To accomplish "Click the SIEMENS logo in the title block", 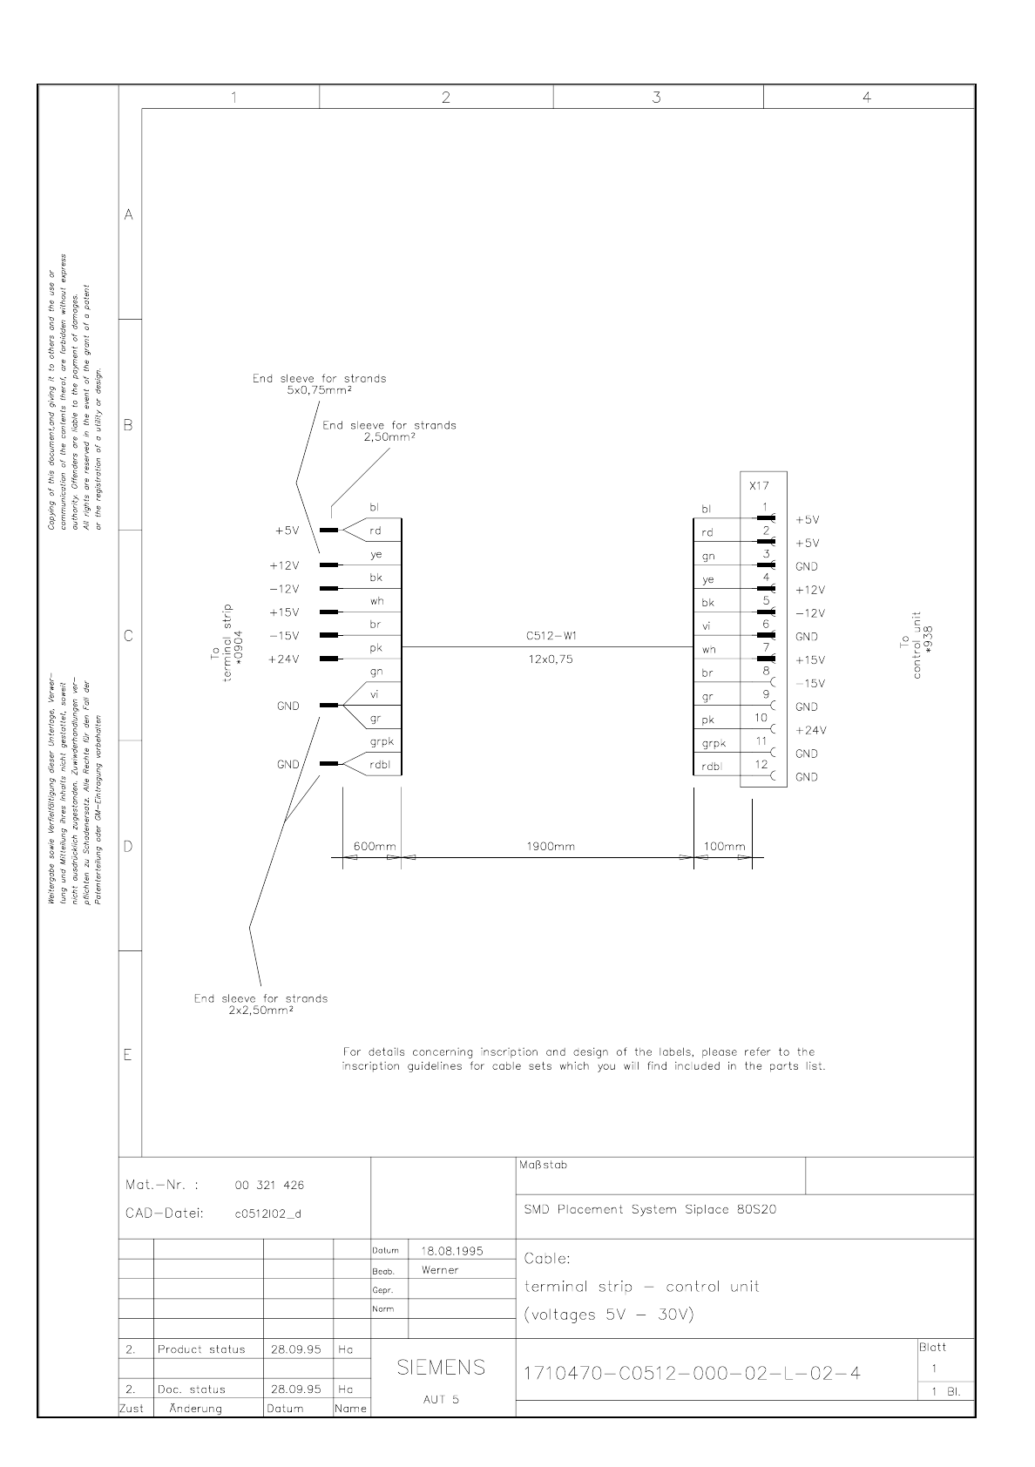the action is (441, 1368).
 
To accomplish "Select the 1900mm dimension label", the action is (550, 846).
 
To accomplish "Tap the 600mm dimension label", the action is (375, 846).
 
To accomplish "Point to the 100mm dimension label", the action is (724, 846).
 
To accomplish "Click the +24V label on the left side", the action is (284, 659).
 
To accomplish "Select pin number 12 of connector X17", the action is (761, 764).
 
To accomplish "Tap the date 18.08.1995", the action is (451, 1251).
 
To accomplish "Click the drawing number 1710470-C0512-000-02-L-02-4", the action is (692, 1374).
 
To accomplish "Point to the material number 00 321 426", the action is (269, 1185).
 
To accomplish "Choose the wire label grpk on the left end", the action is (382, 741).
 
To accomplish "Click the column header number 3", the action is (656, 98).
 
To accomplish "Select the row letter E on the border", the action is (128, 1055).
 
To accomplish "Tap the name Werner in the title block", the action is (439, 1270).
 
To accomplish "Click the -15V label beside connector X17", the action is (810, 684).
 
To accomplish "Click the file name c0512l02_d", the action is (268, 1213).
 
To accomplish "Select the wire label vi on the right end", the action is (707, 625).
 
